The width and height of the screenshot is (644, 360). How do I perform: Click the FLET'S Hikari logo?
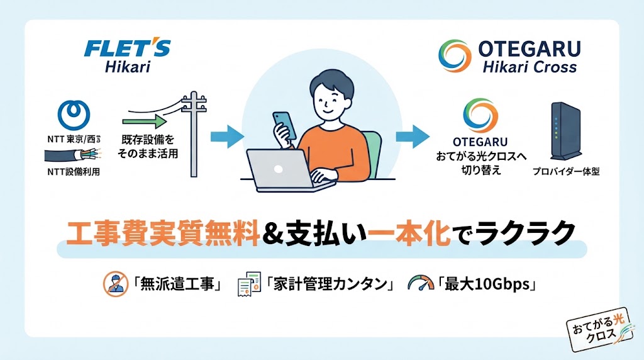click(x=127, y=56)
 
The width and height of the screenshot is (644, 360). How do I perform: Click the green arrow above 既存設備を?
click(x=145, y=121)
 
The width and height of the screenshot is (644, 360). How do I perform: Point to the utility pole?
click(x=194, y=134)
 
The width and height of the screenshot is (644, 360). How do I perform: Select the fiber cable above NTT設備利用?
click(x=72, y=155)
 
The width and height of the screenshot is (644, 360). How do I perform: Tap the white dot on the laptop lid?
click(x=278, y=169)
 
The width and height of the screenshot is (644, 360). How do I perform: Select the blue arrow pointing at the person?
click(x=227, y=137)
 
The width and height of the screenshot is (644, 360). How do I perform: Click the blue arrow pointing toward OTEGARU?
click(x=413, y=137)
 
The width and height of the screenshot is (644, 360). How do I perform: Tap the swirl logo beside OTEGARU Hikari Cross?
click(x=455, y=56)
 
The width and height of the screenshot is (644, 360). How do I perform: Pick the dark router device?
click(x=566, y=131)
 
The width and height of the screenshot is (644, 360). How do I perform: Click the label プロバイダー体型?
click(x=566, y=171)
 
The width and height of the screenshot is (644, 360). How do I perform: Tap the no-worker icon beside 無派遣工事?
click(x=116, y=284)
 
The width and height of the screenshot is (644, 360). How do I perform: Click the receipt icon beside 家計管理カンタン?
click(x=249, y=284)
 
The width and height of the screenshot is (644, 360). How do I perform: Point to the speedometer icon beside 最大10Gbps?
click(x=421, y=284)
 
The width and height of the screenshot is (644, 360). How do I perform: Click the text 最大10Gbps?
click(x=487, y=284)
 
